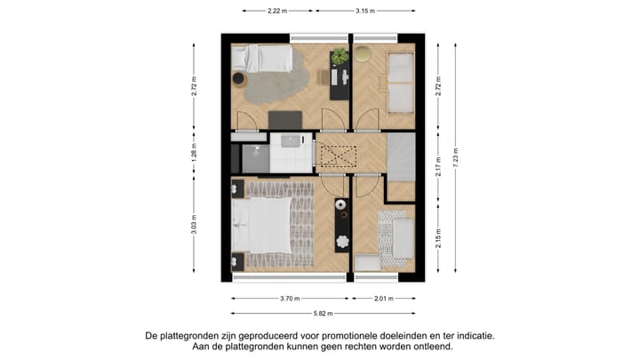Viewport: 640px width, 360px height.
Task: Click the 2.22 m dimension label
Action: pos(278,11)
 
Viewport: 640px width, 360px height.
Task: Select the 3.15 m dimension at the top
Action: pos(364,11)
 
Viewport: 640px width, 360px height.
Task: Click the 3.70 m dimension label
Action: pos(290,299)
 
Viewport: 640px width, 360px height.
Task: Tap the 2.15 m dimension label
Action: pos(438,241)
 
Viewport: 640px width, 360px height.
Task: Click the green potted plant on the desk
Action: pos(340,57)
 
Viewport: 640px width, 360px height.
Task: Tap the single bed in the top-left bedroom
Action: pos(263,59)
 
